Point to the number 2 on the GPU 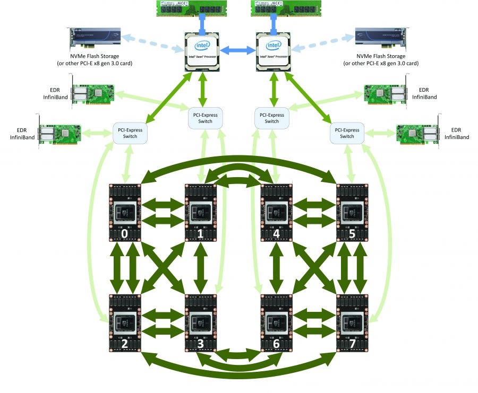124,344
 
